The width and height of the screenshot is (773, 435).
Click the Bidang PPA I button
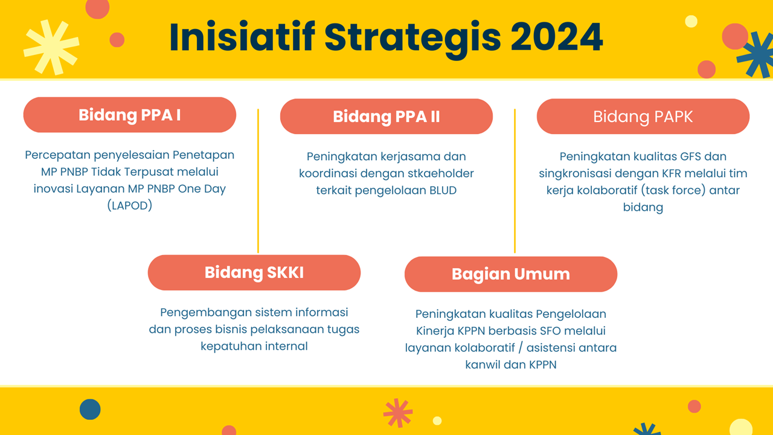[130, 115]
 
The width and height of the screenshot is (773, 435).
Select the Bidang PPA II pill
[386, 117]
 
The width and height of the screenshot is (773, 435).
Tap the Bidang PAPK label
[643, 117]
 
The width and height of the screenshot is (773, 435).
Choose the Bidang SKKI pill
[254, 272]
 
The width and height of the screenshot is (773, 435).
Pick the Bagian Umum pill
[511, 274]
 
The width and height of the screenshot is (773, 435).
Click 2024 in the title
[557, 37]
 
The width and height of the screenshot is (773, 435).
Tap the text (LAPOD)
[130, 205]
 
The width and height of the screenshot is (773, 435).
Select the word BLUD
[443, 190]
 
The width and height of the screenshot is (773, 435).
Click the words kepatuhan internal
[254, 346]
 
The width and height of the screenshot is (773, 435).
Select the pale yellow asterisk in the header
[51, 47]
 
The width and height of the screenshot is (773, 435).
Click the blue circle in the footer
[90, 410]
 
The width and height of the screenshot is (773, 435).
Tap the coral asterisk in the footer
[398, 413]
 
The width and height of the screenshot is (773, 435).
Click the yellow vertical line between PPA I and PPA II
[258, 181]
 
